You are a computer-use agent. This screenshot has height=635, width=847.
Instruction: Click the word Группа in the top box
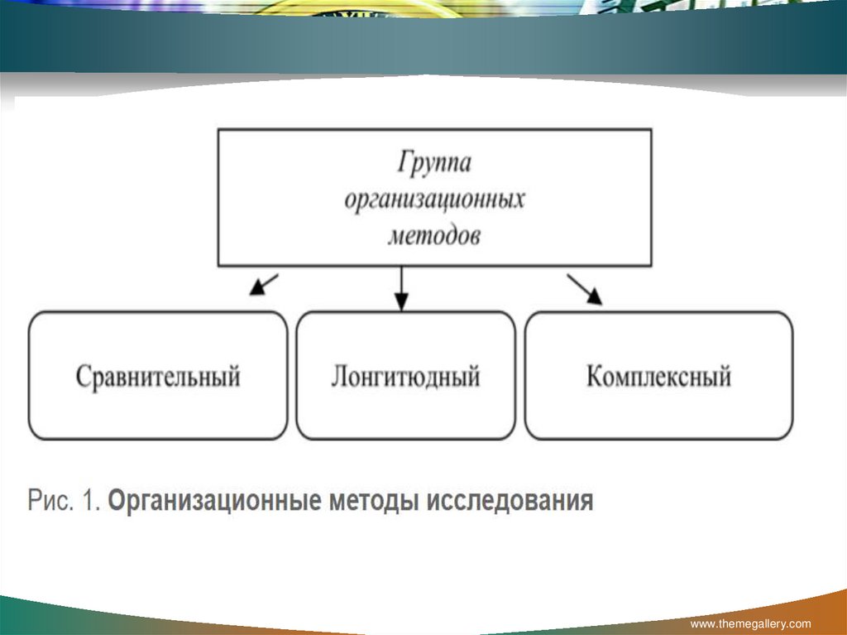(x=434, y=163)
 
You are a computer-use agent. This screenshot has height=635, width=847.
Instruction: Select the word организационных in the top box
(x=434, y=200)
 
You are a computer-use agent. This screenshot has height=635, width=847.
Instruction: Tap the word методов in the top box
(x=434, y=236)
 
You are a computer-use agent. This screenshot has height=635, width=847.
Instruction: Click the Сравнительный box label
(x=158, y=378)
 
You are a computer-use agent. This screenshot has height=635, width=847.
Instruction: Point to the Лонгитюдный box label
(x=405, y=378)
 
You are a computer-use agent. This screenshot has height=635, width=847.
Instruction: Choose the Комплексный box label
(x=658, y=378)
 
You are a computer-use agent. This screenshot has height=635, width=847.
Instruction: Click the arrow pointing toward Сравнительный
(x=264, y=284)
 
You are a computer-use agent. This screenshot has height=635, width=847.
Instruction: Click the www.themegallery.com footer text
(x=750, y=623)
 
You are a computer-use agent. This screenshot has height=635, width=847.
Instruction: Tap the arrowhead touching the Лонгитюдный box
(x=401, y=303)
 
